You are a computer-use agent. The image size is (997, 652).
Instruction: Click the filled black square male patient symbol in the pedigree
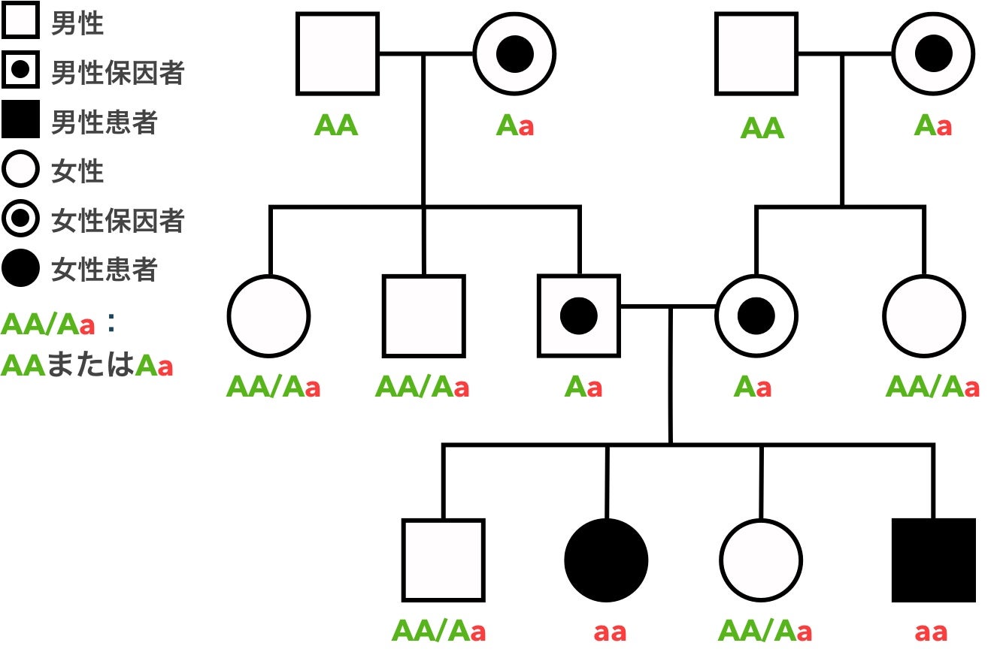point(933,560)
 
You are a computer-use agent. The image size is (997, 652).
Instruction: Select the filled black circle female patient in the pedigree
point(606,560)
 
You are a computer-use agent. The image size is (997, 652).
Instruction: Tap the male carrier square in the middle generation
point(579,316)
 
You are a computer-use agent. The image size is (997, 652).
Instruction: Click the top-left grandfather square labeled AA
point(338,54)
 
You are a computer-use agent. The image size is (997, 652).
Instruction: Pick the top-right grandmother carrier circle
point(933,54)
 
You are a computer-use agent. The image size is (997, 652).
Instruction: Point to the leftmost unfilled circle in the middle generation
point(268,316)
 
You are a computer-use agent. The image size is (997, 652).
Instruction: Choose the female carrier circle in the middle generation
point(756,316)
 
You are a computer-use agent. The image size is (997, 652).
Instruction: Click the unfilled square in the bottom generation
point(443,560)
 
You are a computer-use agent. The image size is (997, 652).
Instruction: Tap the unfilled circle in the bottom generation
point(761,560)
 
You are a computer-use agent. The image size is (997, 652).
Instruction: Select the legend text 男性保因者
point(117,73)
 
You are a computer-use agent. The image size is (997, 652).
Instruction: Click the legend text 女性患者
point(104,269)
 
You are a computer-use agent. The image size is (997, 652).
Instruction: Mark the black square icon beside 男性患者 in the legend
point(20,122)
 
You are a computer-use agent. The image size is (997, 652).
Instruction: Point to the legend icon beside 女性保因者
point(20,219)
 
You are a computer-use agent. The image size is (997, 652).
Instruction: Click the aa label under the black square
point(931,632)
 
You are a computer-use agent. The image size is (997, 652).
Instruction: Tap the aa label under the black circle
point(610,632)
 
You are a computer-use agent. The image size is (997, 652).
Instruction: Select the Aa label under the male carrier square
point(583,388)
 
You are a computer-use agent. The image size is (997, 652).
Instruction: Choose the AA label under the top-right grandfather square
point(762,128)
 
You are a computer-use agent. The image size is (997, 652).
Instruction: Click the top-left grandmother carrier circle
point(515,54)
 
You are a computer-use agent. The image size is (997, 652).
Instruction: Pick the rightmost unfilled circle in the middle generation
point(924,316)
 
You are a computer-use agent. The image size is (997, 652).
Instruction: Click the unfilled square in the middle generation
point(423,316)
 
